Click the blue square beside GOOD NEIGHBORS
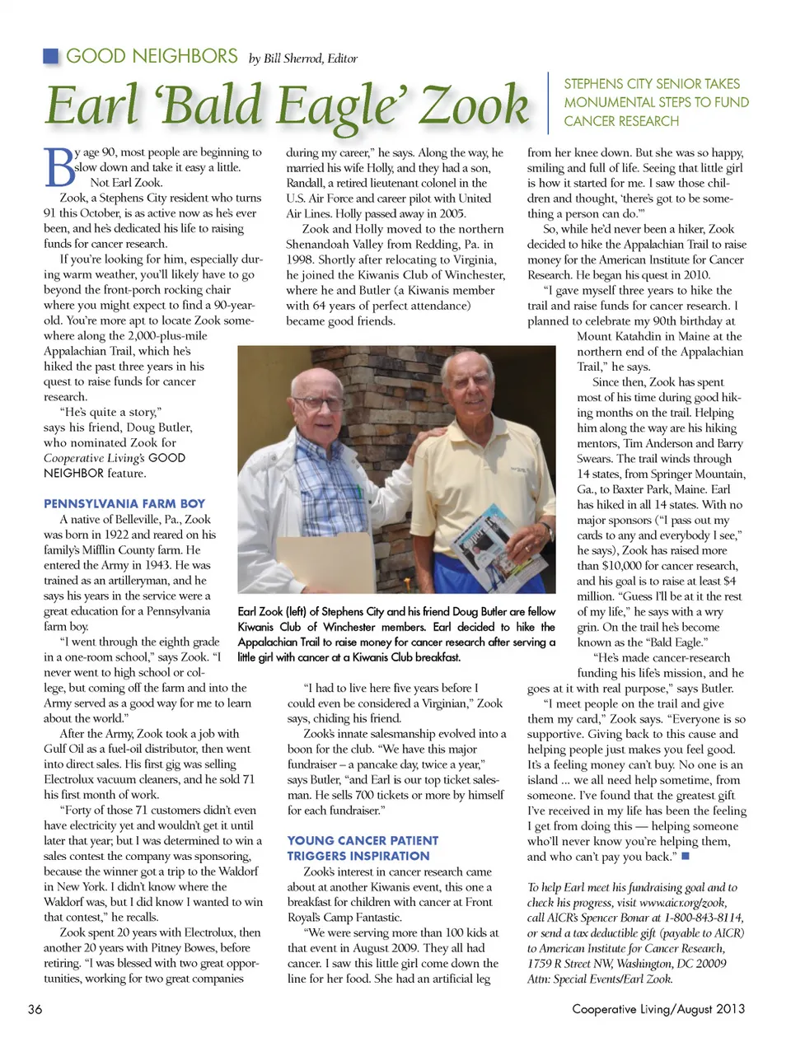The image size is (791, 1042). point(51,56)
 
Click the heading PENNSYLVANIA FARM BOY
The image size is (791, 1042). point(124,503)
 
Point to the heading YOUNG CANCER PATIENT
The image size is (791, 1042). point(363,840)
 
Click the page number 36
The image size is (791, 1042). point(35,1009)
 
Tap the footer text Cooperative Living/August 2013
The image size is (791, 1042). point(658,1009)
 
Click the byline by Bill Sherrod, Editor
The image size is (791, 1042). point(303,58)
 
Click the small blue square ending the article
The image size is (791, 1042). point(686,856)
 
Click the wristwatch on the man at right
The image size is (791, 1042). point(545,530)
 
